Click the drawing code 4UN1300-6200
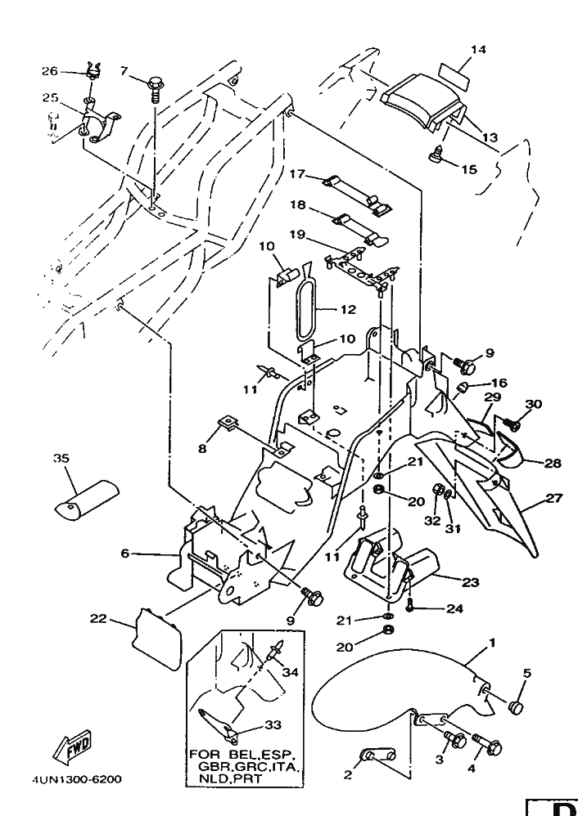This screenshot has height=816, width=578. click(x=77, y=779)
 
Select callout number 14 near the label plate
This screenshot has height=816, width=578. click(x=478, y=50)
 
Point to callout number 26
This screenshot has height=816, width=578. click(x=49, y=71)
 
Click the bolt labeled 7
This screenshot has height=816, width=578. click(x=156, y=84)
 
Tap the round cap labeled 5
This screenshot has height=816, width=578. click(x=517, y=706)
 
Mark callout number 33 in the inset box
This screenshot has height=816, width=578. click(x=273, y=724)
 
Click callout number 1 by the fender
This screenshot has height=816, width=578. click(x=491, y=643)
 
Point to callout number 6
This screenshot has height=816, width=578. click(x=125, y=554)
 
